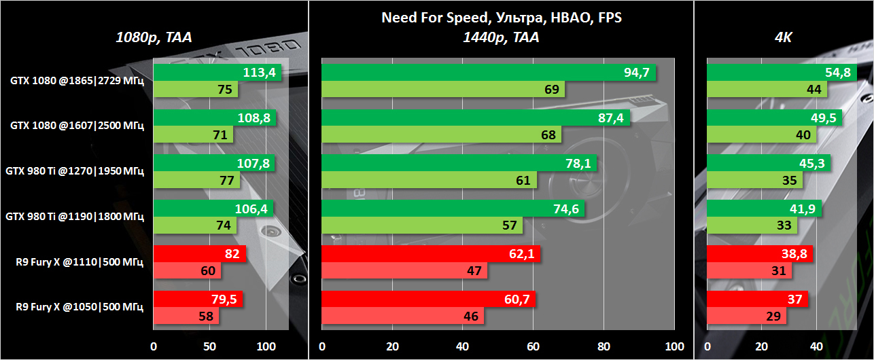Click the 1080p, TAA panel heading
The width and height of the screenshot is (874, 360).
154,38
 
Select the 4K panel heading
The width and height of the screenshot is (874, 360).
784,38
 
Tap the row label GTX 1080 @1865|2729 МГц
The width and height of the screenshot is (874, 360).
77,81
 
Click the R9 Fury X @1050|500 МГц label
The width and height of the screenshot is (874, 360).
80,308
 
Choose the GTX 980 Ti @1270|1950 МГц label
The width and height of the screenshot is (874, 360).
75,172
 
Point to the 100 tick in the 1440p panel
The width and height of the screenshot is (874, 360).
674,346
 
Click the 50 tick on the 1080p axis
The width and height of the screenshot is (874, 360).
209,346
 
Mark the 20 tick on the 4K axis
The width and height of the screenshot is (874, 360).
762,346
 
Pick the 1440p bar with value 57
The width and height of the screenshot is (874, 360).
421,226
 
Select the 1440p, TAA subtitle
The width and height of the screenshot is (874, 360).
501,38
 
